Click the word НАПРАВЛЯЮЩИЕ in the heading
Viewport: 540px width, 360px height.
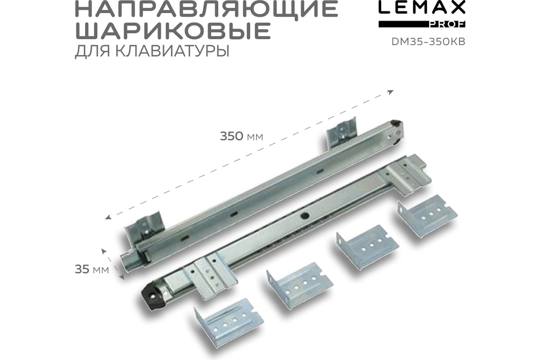(x=207, y=9)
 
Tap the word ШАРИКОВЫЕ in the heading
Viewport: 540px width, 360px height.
(x=173, y=31)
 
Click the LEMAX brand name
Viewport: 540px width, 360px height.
(x=422, y=7)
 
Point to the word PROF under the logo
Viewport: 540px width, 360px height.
(x=447, y=24)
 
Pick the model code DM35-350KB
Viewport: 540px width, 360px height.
(x=428, y=42)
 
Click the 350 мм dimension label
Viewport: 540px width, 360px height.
(x=241, y=136)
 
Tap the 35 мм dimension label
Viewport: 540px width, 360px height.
(x=92, y=270)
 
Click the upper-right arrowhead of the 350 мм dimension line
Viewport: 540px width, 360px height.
(x=391, y=92)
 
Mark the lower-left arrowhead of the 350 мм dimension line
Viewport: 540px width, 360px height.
(x=108, y=217)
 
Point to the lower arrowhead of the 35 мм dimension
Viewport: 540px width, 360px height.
(x=122, y=277)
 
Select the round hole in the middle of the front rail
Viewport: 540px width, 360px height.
(x=304, y=216)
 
